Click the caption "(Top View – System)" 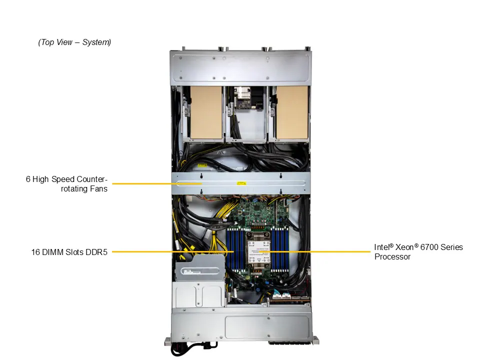74,42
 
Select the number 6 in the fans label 28,179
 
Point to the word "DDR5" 97,252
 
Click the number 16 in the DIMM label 35,252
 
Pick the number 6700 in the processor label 432,247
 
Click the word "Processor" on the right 392,257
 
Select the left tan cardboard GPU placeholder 206,112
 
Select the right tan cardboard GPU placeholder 292,112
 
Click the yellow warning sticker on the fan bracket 241,184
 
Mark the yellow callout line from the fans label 150,184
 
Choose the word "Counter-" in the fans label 90,179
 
